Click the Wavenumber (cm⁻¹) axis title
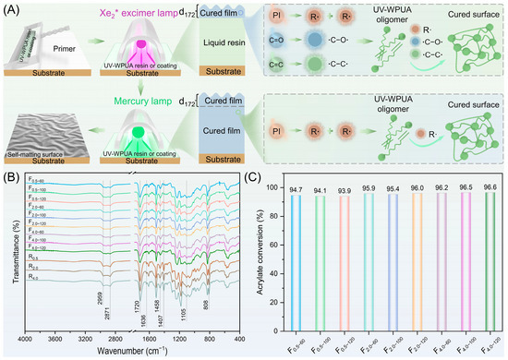[133, 352]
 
